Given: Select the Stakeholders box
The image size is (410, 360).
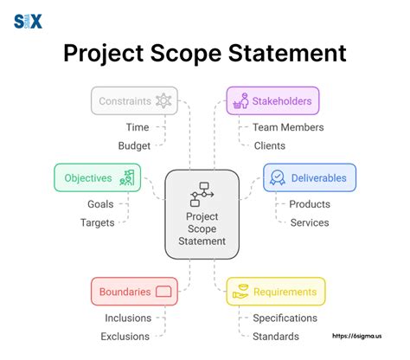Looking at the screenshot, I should pos(272,101).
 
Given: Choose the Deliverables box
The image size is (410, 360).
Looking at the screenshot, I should pos(309,178).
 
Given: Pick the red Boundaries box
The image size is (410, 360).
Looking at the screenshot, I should pos(133,292).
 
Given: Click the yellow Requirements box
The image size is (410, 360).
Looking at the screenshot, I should pos(275,292).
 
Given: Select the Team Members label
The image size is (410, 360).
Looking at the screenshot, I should pos(289,127).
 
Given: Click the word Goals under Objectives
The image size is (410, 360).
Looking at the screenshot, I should pos(101,204).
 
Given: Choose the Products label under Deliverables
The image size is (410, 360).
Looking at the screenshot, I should pos(309,204).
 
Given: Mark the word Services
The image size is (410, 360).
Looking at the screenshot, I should pos(309,222).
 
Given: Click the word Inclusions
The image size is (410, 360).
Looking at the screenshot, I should pos(128,318).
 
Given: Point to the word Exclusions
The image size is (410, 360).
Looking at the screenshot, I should pos(126,336).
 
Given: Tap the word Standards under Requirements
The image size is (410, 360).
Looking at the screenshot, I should pos(276,336).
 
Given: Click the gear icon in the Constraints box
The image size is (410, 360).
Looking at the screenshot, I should pos(163,101).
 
